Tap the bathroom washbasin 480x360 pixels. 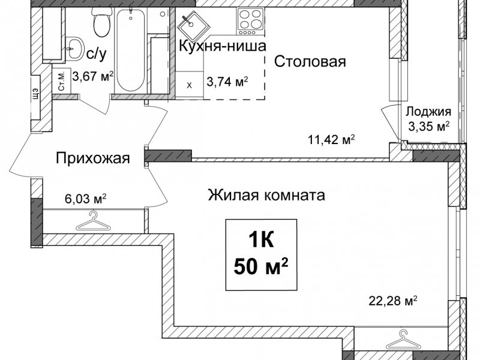74,49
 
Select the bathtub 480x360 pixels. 131,50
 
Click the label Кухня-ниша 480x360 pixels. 222,46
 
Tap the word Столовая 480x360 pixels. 310,62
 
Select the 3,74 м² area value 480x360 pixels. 227,82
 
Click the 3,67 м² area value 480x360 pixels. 93,76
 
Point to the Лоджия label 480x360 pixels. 428,112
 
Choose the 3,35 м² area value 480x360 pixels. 429,126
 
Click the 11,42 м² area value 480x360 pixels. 331,140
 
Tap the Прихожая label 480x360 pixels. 93,158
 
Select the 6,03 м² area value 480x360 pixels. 86,199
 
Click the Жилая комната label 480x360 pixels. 266,195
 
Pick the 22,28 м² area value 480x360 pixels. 393,301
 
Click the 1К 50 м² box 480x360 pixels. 261,254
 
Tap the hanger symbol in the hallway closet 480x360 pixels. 93,221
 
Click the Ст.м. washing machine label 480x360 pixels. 62,81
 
